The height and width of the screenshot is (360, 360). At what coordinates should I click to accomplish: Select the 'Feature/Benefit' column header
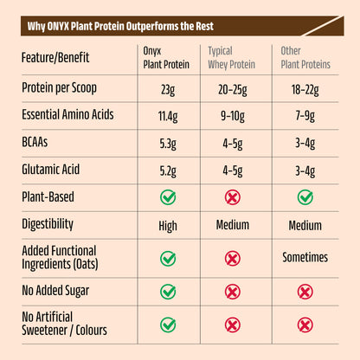point(58,57)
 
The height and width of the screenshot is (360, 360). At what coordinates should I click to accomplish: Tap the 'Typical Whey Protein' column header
point(232,57)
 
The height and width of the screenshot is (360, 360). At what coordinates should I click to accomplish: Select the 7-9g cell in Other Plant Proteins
point(305,114)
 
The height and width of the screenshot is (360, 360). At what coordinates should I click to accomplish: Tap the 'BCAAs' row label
point(39,142)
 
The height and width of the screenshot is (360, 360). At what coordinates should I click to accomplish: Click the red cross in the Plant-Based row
point(232,197)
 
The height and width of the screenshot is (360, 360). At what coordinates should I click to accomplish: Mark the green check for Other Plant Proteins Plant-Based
point(305,197)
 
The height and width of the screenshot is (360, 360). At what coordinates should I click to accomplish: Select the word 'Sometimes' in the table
point(305,257)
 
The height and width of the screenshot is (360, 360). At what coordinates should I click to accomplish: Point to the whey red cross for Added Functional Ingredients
point(232,257)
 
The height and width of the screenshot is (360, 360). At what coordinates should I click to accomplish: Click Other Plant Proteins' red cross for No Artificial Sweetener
point(305,325)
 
